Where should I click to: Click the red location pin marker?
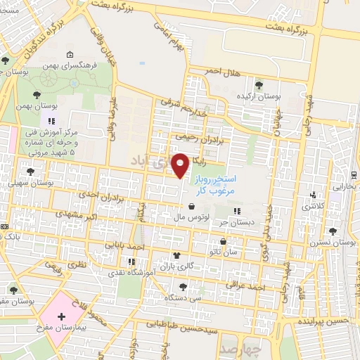click(181, 164)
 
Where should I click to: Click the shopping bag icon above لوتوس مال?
click(192, 207)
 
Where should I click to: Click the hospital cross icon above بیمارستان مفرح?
click(61, 316)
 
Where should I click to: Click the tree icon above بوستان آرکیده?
click(259, 84)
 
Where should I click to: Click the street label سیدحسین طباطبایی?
click(179, 326)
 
